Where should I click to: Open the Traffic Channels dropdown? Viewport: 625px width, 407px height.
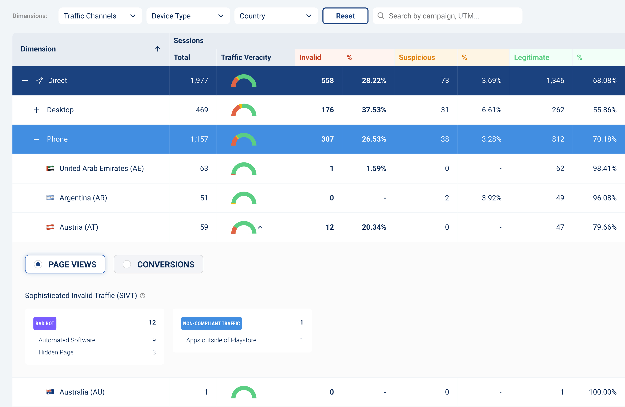click(x=100, y=16)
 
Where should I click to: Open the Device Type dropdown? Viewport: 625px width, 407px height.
click(x=188, y=16)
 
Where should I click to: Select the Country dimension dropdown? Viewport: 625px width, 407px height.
click(x=276, y=16)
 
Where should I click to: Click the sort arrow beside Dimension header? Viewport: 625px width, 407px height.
click(x=158, y=49)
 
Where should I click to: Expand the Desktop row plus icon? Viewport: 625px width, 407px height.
click(x=36, y=110)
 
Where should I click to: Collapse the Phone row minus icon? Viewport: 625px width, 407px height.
click(x=36, y=139)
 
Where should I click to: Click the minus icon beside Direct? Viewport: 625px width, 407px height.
click(x=25, y=81)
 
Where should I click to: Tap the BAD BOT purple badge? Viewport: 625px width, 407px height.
click(x=45, y=323)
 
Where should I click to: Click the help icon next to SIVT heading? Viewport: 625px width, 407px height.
click(x=143, y=296)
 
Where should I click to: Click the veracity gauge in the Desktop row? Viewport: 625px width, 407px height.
click(x=244, y=110)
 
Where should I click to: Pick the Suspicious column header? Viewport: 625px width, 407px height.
click(x=417, y=57)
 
